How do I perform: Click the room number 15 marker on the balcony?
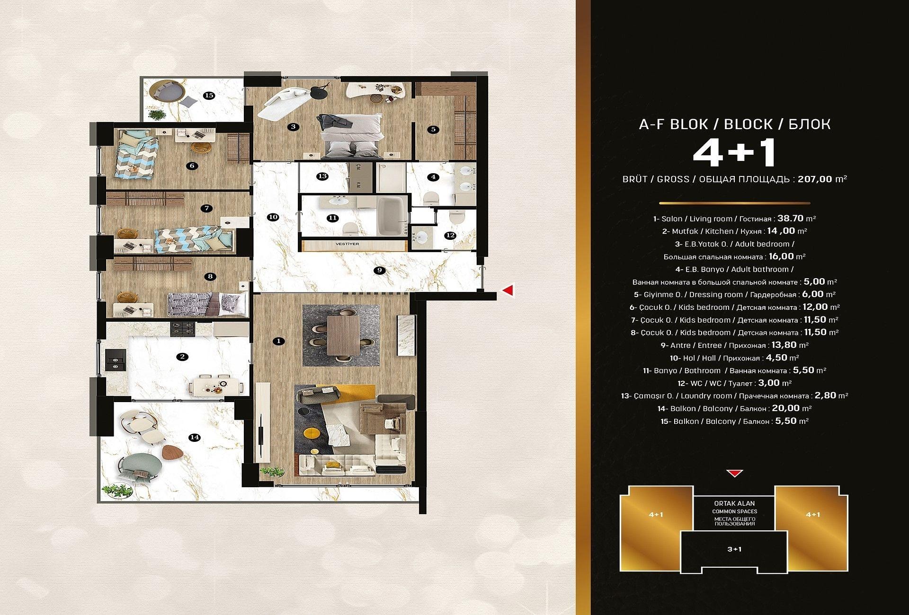coord(209,96)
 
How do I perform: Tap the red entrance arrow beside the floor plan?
coord(508,290)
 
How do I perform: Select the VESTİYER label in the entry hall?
coord(348,244)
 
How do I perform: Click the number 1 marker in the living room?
coord(279,341)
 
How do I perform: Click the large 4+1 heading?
coord(734,153)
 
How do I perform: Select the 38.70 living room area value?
coord(791,219)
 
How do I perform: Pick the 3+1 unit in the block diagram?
coord(734,549)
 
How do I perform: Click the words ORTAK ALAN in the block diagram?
coord(734,503)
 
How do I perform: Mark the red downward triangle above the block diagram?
coord(734,473)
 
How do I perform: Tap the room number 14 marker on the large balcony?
coord(195,437)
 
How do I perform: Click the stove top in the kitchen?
coord(183,327)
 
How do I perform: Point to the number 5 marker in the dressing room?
coord(433,129)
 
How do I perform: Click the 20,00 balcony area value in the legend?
coord(785,408)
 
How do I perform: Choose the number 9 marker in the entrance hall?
coord(379,271)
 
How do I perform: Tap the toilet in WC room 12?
coord(457,218)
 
